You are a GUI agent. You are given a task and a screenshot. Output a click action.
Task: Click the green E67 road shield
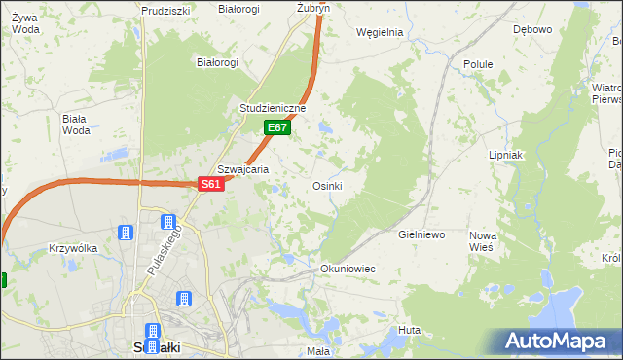[x=277, y=127]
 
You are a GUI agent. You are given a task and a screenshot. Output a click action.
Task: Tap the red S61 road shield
[x=211, y=184]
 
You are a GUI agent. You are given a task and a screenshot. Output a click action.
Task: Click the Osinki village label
[x=326, y=185]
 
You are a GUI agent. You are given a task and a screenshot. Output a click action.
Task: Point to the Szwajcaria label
[x=242, y=168]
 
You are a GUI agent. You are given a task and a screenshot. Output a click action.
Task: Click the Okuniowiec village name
[x=348, y=268]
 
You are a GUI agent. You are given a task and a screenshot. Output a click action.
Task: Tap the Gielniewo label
[x=421, y=234]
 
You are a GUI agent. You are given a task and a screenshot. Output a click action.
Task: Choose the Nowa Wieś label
[x=483, y=241]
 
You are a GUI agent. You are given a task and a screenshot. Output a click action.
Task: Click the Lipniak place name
[x=506, y=155]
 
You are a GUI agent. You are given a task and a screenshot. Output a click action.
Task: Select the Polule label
[x=478, y=64]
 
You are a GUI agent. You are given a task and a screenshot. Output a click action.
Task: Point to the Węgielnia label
[x=380, y=31]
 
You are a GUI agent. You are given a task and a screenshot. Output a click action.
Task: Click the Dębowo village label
[x=532, y=29]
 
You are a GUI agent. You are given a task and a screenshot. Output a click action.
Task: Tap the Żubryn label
[x=313, y=7]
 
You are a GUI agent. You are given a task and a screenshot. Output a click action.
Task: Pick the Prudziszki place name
[x=165, y=11]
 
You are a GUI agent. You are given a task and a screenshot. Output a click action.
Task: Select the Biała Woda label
[x=75, y=125]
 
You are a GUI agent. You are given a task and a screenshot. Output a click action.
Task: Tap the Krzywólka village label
[x=73, y=248]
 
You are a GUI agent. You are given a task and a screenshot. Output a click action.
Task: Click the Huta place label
[x=409, y=331]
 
